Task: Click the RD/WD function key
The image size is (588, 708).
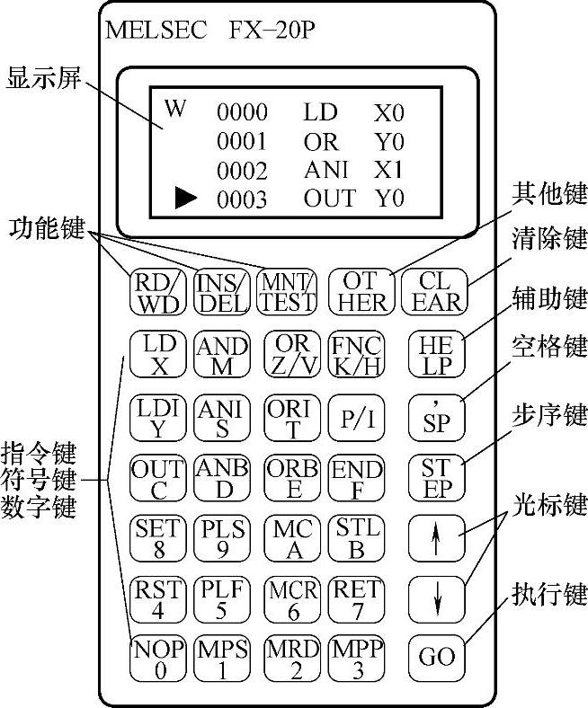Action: tap(156, 290)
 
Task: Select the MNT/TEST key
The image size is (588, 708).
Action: tap(286, 290)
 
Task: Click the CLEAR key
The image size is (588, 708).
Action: tap(436, 290)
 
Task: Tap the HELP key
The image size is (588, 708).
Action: tap(436, 354)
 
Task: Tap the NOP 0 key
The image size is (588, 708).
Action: tap(156, 659)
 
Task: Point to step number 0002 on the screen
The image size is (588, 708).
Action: tap(243, 171)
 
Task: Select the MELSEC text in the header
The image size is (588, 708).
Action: tap(156, 31)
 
